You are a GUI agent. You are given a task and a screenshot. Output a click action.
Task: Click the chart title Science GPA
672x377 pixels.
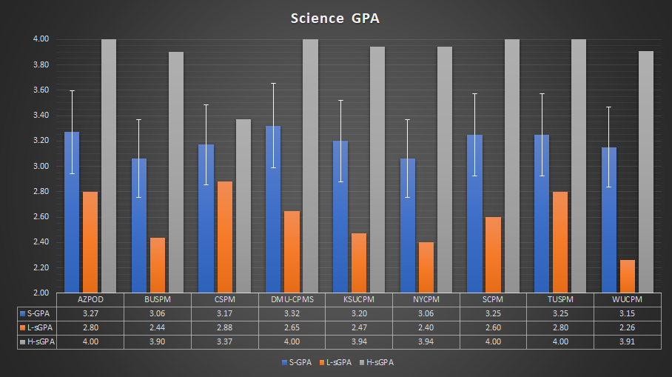pyautogui.click(x=335, y=18)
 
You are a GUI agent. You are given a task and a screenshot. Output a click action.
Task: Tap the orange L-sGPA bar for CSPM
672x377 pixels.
pyautogui.click(x=224, y=237)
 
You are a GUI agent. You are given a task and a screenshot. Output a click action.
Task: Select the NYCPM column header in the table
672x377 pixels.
pyautogui.click(x=426, y=300)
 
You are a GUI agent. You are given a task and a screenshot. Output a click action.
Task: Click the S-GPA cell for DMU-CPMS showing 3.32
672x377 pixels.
pyautogui.click(x=292, y=314)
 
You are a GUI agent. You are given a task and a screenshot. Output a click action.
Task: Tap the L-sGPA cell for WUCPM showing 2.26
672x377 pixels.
pyautogui.click(x=627, y=327)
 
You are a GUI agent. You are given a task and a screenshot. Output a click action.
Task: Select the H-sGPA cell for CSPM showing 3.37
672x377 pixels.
pyautogui.click(x=224, y=341)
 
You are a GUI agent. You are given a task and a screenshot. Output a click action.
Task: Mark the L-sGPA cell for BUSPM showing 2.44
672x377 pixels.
pyautogui.click(x=157, y=327)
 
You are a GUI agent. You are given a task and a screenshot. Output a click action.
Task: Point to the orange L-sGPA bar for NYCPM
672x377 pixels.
pyautogui.click(x=426, y=267)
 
